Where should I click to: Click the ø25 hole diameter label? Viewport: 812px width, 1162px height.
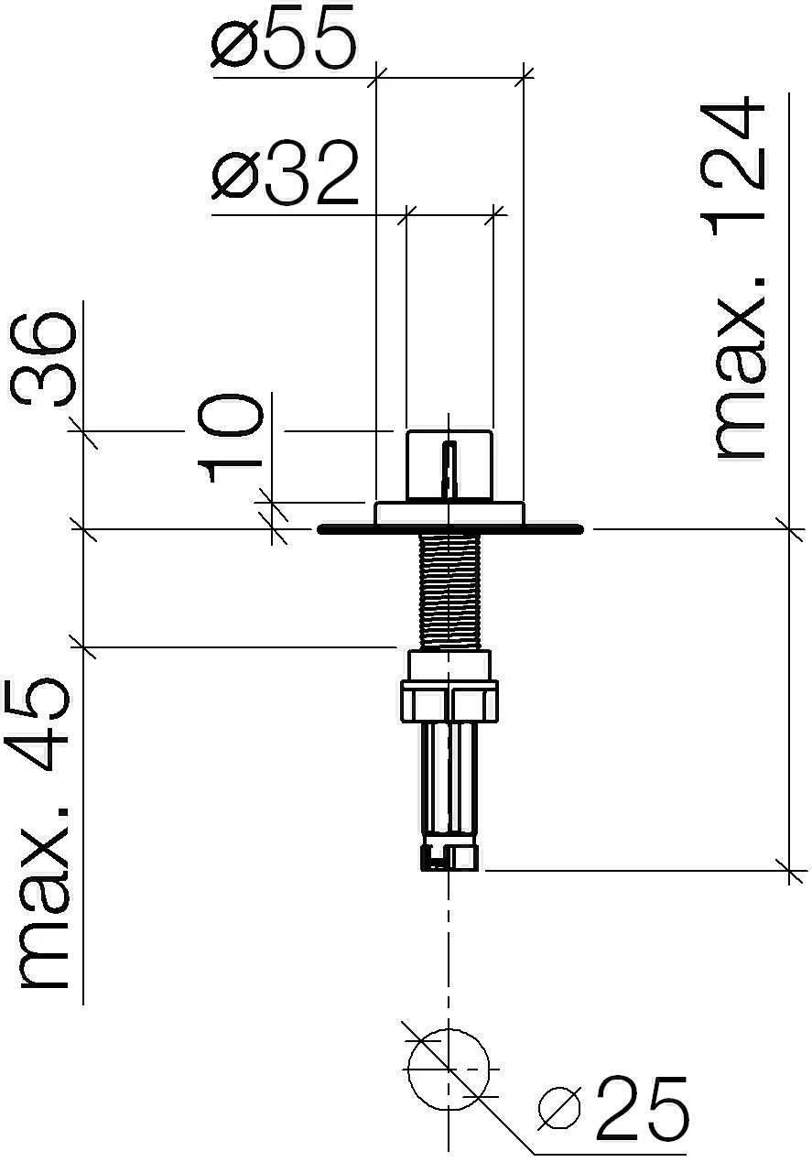(614, 1109)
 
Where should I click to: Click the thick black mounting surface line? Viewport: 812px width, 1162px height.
(549, 529)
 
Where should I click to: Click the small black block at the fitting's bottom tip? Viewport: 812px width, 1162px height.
(427, 859)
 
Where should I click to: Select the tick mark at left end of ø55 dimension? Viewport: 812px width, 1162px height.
(376, 79)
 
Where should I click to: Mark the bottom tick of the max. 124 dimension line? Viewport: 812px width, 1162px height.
(789, 870)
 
